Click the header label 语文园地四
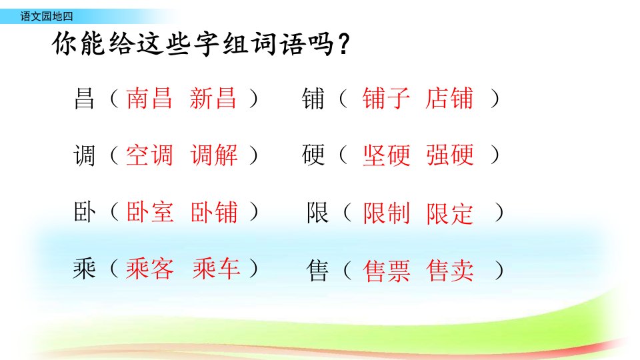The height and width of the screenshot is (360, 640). point(47,16)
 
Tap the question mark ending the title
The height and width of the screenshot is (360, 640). point(344,44)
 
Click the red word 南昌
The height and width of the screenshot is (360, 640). point(149,99)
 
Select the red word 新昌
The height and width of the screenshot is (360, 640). point(213,99)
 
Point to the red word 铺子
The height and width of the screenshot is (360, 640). point(386,99)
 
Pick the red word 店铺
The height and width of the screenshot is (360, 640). point(449,99)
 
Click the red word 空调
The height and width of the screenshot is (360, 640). point(149,155)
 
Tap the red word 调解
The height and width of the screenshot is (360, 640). point(214,155)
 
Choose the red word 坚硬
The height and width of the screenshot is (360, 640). point(387,155)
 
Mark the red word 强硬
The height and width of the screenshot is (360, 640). point(450,155)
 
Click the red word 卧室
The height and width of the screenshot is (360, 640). point(150,212)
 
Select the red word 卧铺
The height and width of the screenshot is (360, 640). point(214,212)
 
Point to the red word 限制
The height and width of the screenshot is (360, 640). point(387,213)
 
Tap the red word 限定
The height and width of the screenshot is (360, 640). point(450,213)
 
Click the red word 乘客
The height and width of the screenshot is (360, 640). point(150,269)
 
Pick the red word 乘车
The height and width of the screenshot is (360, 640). point(216,269)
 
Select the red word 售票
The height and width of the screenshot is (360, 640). point(387,271)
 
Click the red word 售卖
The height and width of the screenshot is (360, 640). point(450,271)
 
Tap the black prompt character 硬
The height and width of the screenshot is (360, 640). point(313,155)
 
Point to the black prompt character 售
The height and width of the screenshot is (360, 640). point(317,271)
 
